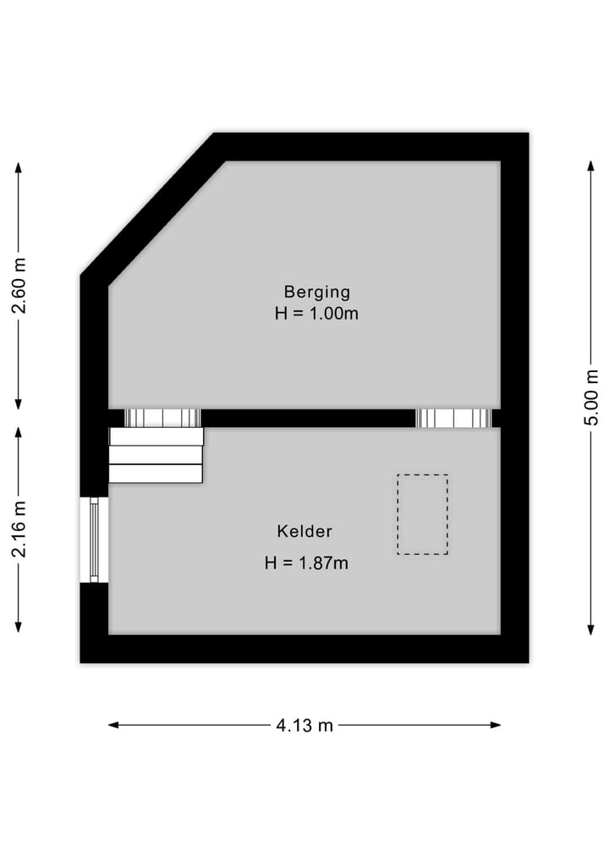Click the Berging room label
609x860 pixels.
tap(316, 292)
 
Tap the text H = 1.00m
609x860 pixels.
tap(316, 314)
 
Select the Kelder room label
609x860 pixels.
tap(304, 532)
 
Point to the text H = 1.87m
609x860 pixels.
tap(306, 562)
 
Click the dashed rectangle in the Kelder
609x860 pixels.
tap(422, 514)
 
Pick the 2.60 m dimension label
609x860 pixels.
tap(19, 285)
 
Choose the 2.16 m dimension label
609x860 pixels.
tap(19, 529)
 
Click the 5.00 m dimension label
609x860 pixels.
tap(591, 397)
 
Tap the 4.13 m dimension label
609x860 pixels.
tap(304, 725)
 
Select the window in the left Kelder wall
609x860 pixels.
tap(93, 540)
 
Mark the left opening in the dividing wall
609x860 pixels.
tap(162, 418)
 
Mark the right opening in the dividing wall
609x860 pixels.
tap(454, 418)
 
